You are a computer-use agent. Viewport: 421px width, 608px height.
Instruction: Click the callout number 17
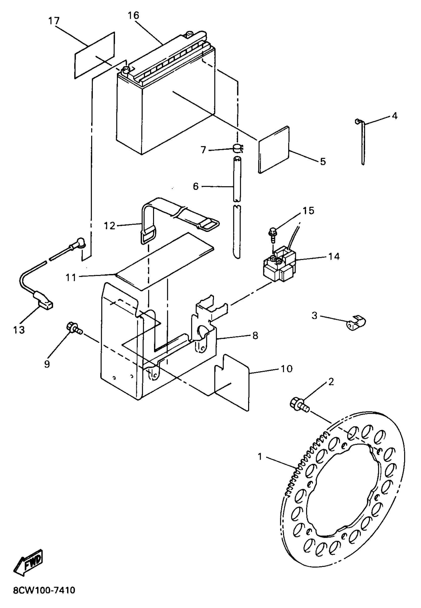(54, 21)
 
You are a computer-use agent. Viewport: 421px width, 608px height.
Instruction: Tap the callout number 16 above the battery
(133, 16)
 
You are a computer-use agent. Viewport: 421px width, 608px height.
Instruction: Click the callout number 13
(19, 330)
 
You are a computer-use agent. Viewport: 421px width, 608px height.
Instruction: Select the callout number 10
(287, 369)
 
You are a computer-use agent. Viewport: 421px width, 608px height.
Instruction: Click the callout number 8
(255, 336)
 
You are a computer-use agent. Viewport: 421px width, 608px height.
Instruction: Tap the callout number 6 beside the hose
(195, 186)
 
